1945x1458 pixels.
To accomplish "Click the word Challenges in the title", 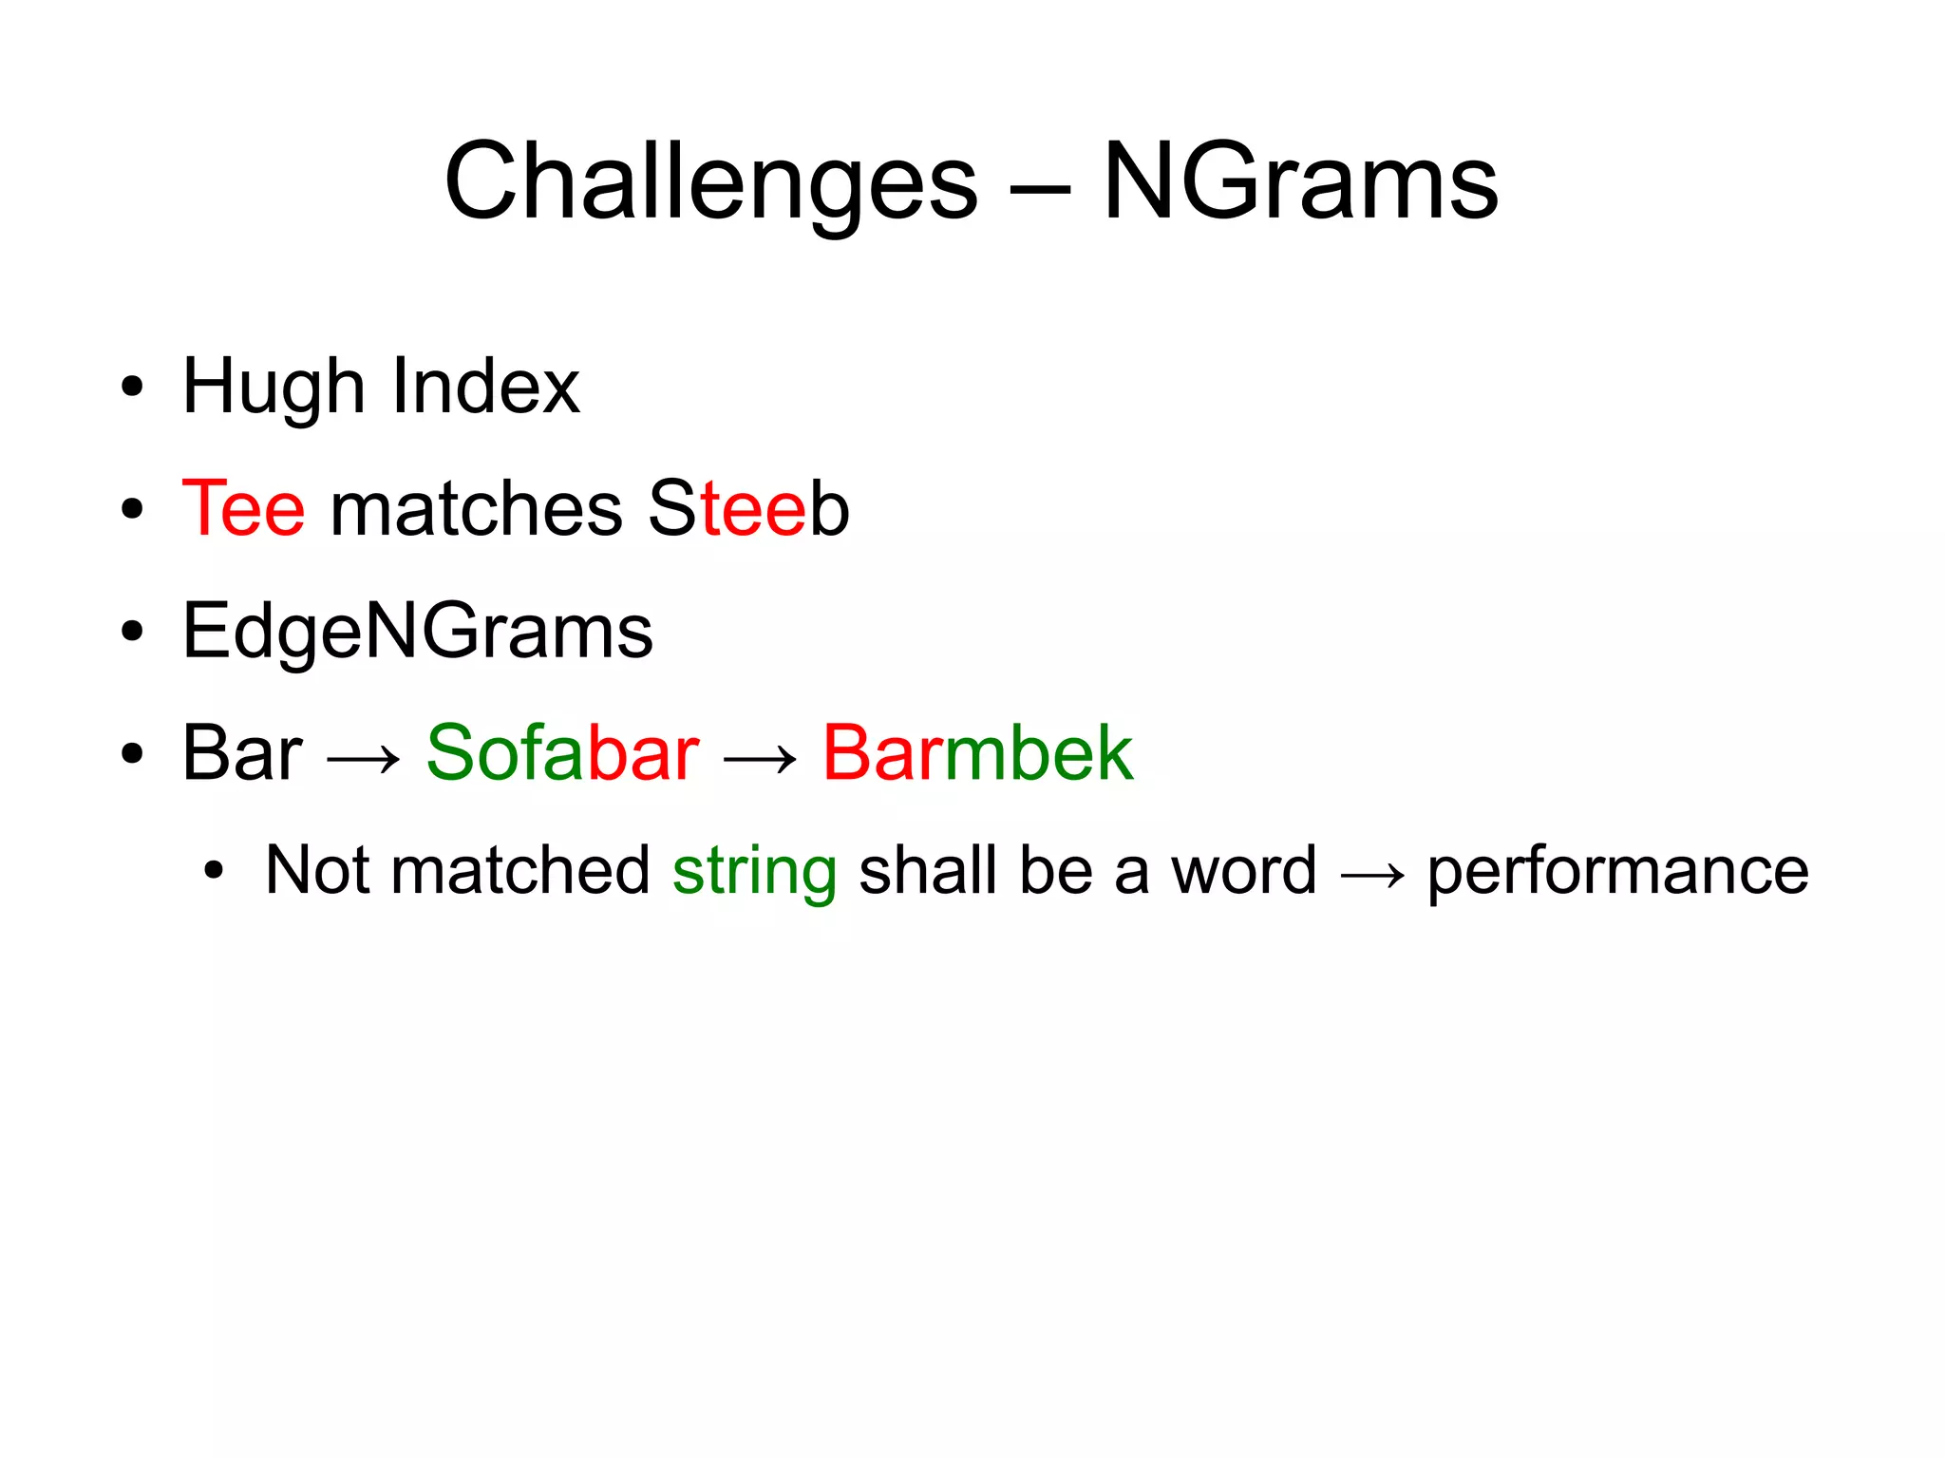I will pos(710,182).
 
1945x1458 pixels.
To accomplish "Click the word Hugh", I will pos(274,388).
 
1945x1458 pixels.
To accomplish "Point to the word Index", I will pos(485,386).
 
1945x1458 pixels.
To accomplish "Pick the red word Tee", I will pos(243,509).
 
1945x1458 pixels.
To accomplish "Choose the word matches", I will pos(476,509).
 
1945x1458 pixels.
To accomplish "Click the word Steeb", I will pos(748,509).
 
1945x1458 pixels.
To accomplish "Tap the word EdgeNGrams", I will pos(417,631).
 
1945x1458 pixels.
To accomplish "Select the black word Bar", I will pos(242,753).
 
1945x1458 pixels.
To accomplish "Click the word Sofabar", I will pos(562,753).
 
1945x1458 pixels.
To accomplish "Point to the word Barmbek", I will pos(977,753).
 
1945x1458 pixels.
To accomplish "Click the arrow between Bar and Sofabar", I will pos(364,759).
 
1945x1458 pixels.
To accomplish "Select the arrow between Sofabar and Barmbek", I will pos(760,759).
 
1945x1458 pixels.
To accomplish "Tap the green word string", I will pos(754,872).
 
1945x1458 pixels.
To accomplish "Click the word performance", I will pos(1617,872).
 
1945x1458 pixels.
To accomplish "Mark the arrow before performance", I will pos(1372,875).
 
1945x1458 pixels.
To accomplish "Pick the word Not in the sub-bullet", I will pos(316,870).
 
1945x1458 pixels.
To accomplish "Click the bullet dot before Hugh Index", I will pos(132,388).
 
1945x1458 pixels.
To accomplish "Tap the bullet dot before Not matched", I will pos(215,871).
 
